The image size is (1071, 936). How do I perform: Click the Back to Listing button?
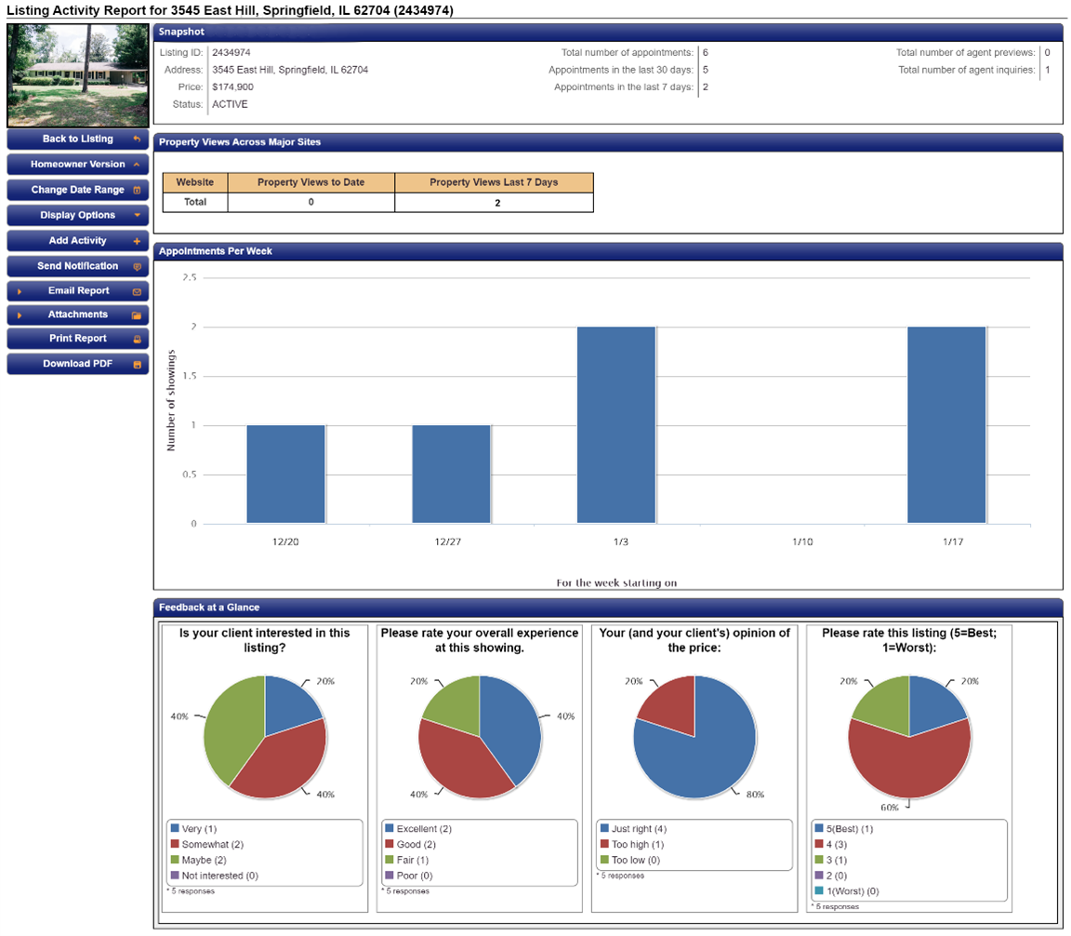point(77,140)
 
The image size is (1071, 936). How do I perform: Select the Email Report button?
point(77,291)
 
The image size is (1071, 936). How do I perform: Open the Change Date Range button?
point(77,190)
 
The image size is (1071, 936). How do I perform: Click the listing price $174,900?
point(232,87)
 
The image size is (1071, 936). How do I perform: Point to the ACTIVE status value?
point(230,104)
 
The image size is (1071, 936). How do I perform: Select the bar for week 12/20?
point(285,474)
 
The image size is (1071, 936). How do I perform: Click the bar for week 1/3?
point(615,424)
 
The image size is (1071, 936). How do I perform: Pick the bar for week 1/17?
point(946,424)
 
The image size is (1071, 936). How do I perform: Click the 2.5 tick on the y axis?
point(189,277)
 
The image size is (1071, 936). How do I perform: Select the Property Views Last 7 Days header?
point(494,182)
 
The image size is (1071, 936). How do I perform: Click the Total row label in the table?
point(195,202)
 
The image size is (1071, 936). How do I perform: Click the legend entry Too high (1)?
point(637,844)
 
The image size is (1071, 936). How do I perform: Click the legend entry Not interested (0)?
point(219,876)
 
